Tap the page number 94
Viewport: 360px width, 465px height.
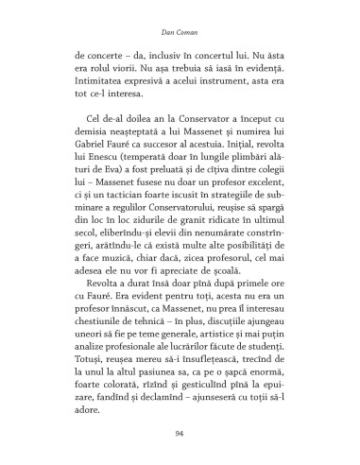[x=179, y=433]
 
